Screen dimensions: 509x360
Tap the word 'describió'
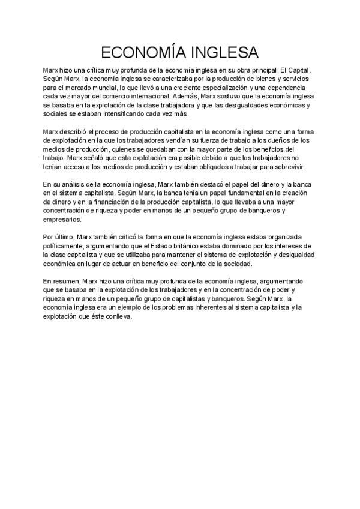pyautogui.click(x=74, y=131)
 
